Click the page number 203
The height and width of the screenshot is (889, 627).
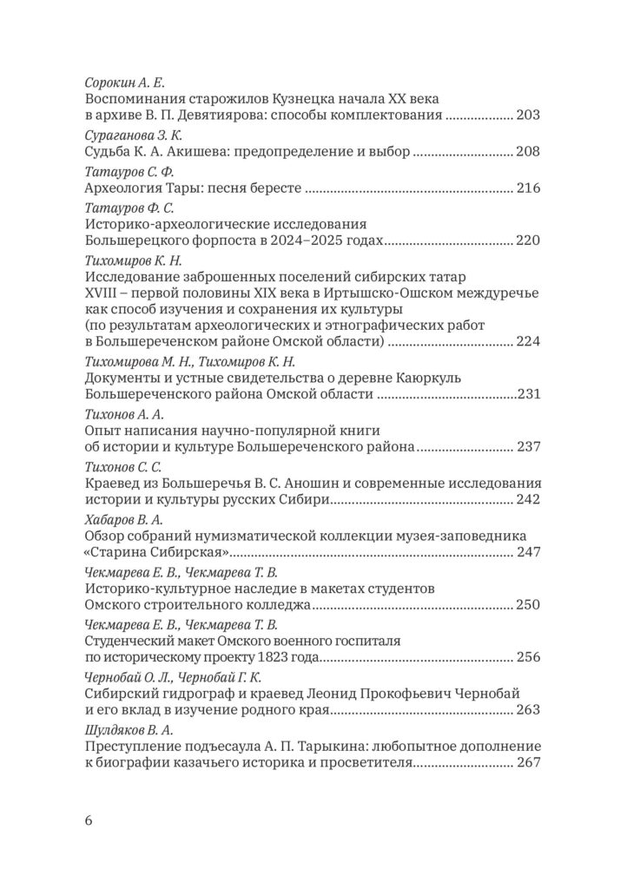tap(528, 115)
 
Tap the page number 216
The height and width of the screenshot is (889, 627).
tap(528, 188)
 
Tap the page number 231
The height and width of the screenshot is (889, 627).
tap(529, 394)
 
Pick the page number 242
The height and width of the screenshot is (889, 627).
tap(528, 499)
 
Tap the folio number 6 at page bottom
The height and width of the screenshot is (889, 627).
tap(89, 820)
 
